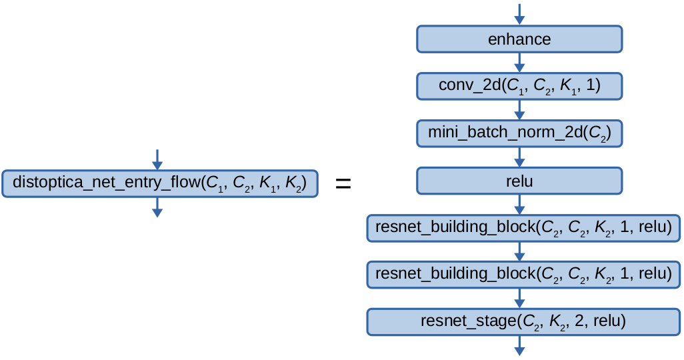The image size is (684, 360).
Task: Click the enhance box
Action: point(519,39)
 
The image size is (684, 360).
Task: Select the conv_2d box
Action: point(519,86)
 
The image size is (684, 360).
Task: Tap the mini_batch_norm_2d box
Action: point(519,133)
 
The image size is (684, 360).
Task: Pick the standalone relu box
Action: point(519,180)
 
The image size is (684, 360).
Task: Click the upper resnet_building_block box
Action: point(523,227)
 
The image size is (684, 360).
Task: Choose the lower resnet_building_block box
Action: point(523,274)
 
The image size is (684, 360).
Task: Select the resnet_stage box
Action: point(523,321)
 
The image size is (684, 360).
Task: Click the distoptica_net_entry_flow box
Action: point(159,183)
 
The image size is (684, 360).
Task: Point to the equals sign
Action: point(343,183)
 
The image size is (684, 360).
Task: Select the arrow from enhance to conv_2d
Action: point(519,63)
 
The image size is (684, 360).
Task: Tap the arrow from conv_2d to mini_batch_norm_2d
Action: point(519,110)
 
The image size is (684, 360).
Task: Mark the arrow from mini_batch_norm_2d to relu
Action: point(519,157)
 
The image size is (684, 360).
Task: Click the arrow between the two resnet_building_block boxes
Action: point(519,251)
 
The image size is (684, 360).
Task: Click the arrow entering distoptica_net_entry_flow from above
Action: point(157,159)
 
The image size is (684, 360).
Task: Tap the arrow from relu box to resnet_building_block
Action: point(519,204)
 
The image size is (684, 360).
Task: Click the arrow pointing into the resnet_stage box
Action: point(519,298)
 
